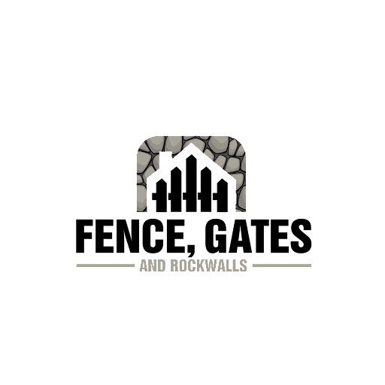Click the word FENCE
(x=129, y=236)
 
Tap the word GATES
(x=258, y=236)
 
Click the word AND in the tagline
(x=153, y=265)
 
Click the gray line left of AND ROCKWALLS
(x=105, y=265)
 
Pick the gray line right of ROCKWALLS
(x=282, y=265)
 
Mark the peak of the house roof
(x=191, y=144)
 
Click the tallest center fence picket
(x=191, y=183)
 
